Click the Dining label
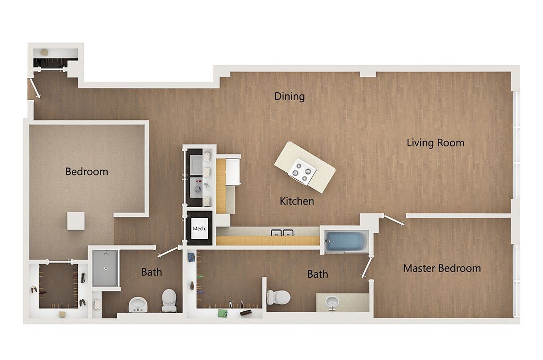pos(290,96)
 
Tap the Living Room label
pos(435,143)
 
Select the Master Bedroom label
pos(442,268)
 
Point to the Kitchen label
pos(297,201)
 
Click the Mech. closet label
pos(199,229)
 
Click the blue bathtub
pos(346,241)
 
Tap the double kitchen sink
pos(282,233)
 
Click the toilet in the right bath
pos(278,297)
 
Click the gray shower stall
pos(106,268)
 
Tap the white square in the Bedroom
pos(76,221)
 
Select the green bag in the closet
pos(222,313)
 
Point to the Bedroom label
pos(86,171)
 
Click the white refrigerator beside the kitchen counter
pos(233,172)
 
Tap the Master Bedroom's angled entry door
pos(393,220)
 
